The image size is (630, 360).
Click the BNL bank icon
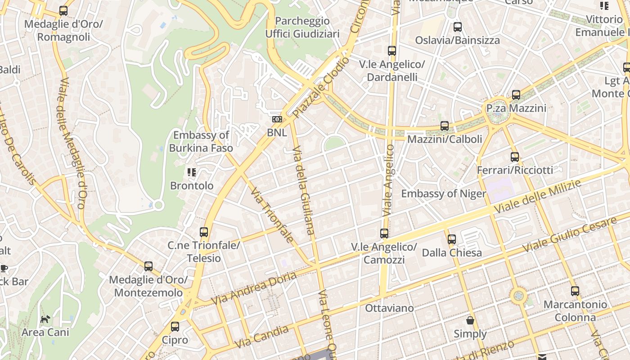277,119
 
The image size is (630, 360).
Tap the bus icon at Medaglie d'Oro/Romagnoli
63,11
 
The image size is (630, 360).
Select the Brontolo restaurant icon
192,172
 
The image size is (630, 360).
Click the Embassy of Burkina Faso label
201,141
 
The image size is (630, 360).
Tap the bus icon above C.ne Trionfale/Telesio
204,232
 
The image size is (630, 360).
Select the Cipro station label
175,340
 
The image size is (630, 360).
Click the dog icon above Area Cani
45,319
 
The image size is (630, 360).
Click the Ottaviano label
389,308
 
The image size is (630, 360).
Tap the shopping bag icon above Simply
470,321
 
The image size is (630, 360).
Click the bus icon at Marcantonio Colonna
575,291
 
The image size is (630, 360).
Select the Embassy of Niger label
443,194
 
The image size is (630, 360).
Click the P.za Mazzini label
516,108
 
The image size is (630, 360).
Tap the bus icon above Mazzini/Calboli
445,126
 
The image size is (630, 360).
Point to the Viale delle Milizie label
538,197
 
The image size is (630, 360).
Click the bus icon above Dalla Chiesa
452,239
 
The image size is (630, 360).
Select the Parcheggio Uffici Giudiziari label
302,27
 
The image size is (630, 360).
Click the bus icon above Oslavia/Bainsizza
458,27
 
